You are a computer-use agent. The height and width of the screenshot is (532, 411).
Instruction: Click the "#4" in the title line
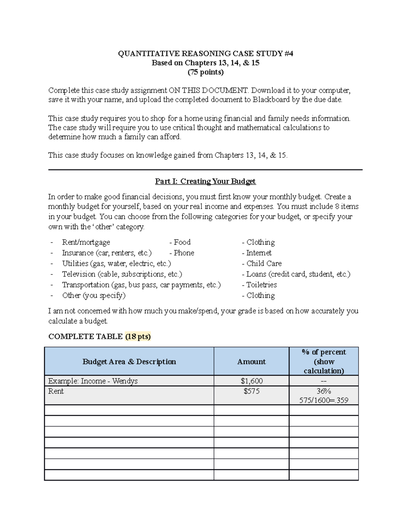click(288, 53)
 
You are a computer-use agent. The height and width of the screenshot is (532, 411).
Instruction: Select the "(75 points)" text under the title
click(206, 72)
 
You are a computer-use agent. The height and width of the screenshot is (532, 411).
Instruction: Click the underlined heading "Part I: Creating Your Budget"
click(206, 181)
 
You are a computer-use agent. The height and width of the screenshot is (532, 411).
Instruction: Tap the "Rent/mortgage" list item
click(86, 242)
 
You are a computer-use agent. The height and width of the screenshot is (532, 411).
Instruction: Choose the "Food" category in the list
click(182, 242)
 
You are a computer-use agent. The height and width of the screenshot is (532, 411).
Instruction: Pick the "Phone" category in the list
click(184, 253)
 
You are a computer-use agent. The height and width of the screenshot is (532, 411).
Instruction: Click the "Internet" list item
click(259, 253)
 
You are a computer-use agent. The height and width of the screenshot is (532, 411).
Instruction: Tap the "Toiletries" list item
click(261, 285)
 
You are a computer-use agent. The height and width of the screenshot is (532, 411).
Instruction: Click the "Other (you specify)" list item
click(94, 295)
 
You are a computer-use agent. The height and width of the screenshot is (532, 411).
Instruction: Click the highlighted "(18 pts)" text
click(138, 336)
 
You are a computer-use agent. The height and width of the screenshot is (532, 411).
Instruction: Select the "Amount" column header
click(251, 362)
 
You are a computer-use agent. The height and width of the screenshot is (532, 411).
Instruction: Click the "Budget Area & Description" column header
click(129, 362)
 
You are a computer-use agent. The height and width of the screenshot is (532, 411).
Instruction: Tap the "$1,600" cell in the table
click(251, 381)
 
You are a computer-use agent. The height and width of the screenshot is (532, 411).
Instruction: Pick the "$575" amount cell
click(251, 391)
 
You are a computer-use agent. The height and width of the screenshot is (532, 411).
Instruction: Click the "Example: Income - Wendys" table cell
click(93, 381)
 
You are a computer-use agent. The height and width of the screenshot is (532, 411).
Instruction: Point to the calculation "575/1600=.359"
click(324, 400)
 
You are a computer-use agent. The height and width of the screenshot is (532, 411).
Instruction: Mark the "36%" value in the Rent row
click(324, 391)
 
